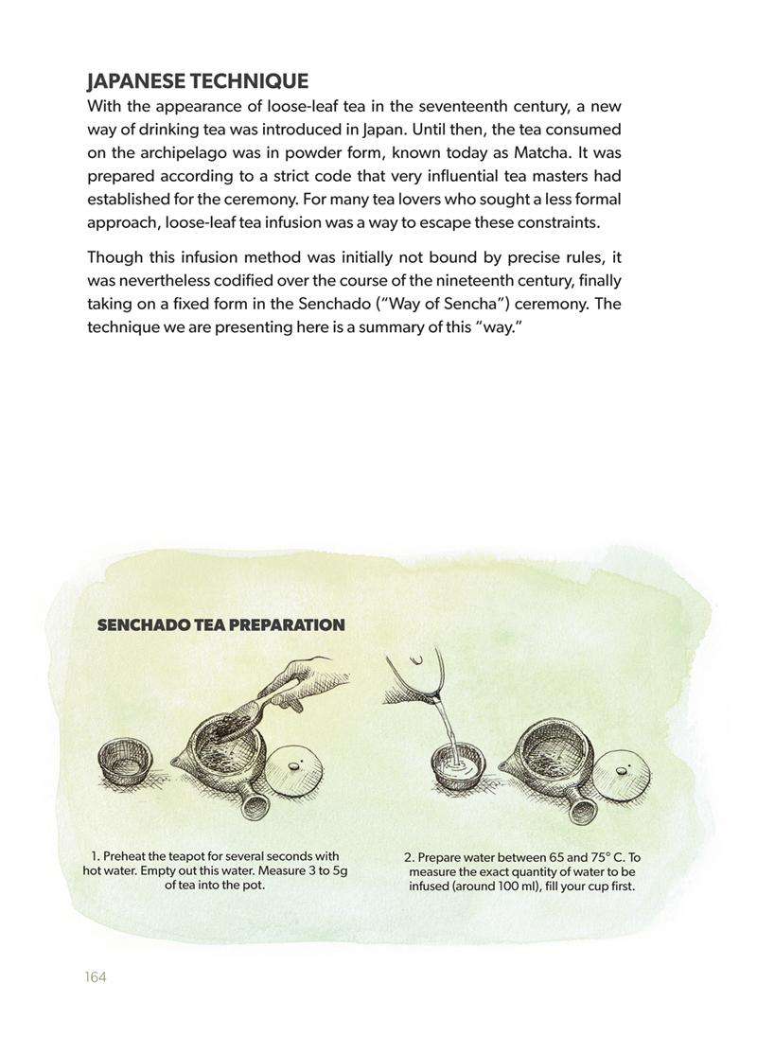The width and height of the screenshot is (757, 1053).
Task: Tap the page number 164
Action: click(95, 976)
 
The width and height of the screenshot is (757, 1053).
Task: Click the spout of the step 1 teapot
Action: click(177, 761)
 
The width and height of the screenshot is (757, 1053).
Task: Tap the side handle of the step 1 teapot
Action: click(254, 805)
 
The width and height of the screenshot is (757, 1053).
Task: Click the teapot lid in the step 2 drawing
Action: click(621, 771)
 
